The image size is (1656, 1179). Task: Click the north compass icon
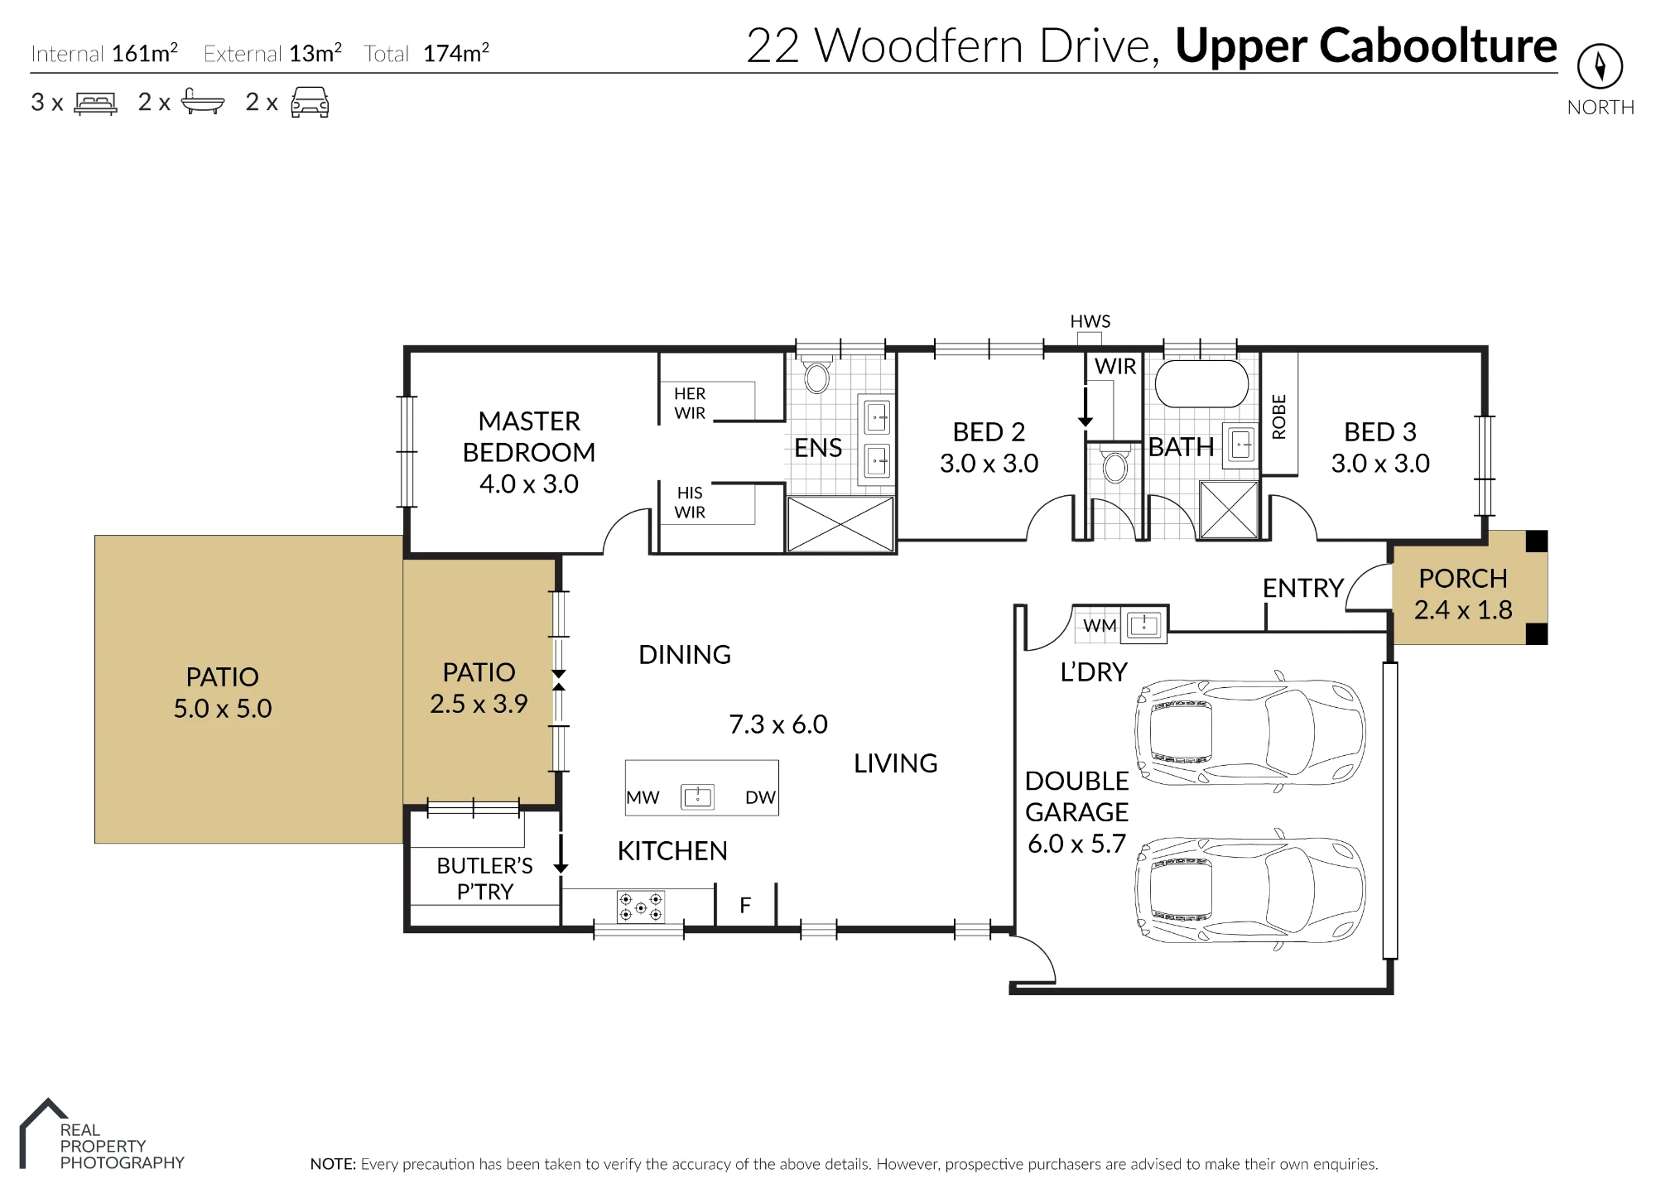click(1600, 66)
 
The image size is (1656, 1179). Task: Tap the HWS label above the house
click(1090, 321)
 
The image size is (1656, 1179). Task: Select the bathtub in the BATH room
click(1201, 383)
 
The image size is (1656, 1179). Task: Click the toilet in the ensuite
click(816, 374)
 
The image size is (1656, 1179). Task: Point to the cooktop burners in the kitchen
click(641, 907)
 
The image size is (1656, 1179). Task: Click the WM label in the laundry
click(1100, 626)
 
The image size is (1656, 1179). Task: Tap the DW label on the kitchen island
click(760, 797)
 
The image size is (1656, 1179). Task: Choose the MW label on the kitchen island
click(643, 797)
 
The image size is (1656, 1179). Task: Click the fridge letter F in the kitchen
click(745, 906)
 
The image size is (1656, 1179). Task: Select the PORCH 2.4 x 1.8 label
click(1463, 594)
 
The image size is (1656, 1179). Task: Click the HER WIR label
click(690, 403)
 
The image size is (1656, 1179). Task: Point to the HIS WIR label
click(690, 503)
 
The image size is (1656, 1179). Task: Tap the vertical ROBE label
click(1279, 416)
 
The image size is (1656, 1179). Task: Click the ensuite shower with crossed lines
click(840, 524)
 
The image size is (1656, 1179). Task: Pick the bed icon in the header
click(96, 103)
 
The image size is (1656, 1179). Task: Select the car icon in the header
click(310, 102)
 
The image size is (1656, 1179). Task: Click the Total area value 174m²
click(456, 53)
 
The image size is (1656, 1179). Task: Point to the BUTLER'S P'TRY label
click(485, 878)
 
